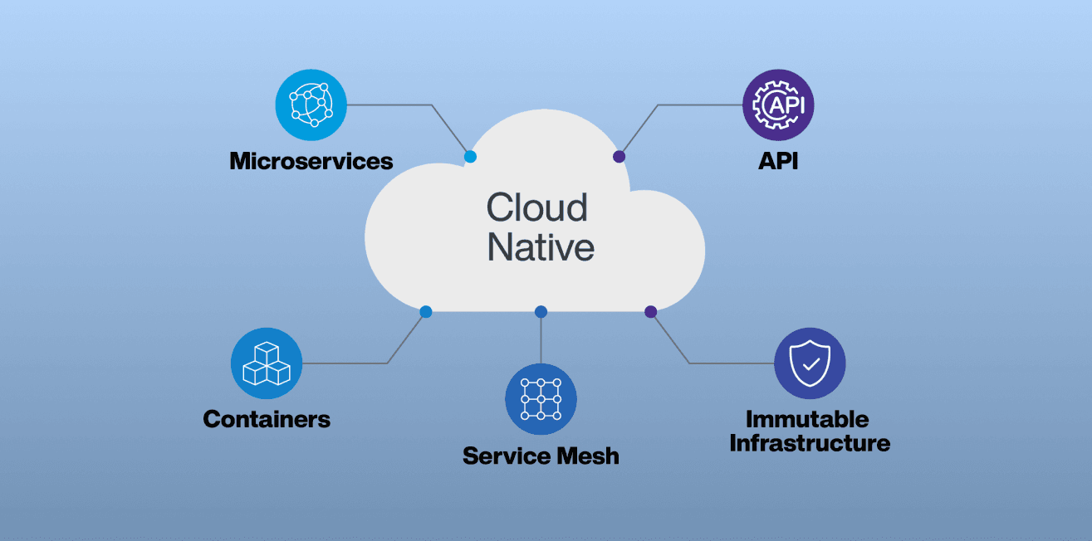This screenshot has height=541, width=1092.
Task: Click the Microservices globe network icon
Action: pos(311,105)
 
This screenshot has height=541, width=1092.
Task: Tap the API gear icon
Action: pos(778,105)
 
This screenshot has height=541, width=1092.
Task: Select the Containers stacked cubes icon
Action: pos(266,363)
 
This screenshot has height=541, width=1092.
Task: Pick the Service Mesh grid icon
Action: pos(541,399)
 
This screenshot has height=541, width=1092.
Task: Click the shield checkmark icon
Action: pos(810,363)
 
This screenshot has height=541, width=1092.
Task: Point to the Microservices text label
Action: pos(311,160)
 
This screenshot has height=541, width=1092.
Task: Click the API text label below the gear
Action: pos(778,160)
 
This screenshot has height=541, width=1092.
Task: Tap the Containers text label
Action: pos(266,419)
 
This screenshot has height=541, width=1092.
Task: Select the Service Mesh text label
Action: pos(541,456)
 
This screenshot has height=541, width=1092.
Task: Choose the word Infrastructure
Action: pos(810,443)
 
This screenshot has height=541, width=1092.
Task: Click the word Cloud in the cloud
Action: pos(536,207)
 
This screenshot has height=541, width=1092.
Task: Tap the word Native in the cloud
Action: pos(540,247)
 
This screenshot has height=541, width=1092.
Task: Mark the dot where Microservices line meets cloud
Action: pos(470,156)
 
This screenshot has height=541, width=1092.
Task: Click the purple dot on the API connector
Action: pos(619,156)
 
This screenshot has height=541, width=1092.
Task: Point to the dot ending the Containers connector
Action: pos(425,312)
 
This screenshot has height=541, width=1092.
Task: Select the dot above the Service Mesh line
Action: pos(541,312)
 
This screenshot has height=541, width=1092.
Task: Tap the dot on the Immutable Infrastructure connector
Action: pos(651,312)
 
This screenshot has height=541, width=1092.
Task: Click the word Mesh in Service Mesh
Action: pos(588,456)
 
